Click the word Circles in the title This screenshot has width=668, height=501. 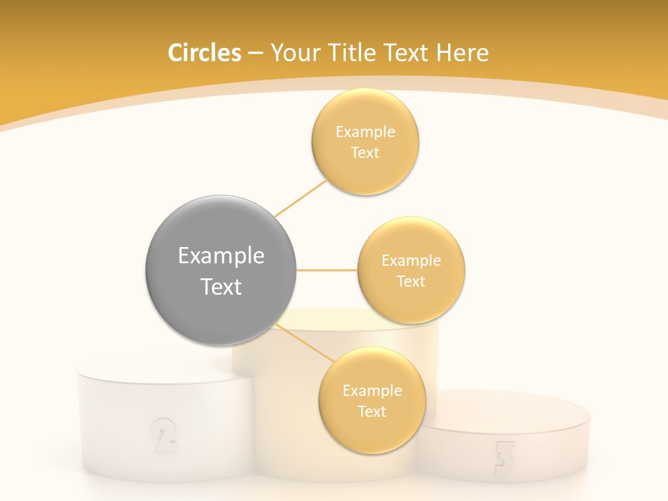[204, 53]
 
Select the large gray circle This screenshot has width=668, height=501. [221, 270]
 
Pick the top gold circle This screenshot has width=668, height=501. [365, 141]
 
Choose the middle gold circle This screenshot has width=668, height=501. [411, 270]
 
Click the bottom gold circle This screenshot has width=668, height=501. [372, 400]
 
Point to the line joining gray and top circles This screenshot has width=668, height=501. [301, 198]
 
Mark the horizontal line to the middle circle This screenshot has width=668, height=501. [326, 270]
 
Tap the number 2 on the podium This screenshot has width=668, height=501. [163, 435]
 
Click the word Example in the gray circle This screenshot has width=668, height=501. [221, 256]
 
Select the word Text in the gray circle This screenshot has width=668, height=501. [221, 287]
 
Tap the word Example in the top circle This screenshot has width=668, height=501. [365, 132]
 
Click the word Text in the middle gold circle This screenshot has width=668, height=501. [411, 281]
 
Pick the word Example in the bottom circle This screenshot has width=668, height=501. [372, 390]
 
